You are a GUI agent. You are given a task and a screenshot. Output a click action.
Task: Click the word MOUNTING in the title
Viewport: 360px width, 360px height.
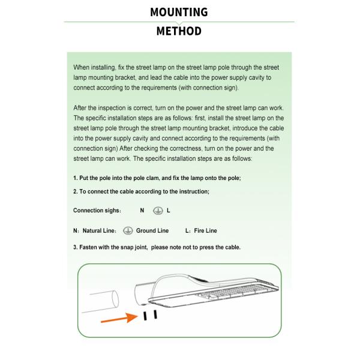point(179,12)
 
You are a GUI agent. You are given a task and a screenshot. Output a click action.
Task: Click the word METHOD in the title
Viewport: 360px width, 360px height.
point(179,31)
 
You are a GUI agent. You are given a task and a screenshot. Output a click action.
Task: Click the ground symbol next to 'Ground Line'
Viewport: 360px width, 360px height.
point(128,230)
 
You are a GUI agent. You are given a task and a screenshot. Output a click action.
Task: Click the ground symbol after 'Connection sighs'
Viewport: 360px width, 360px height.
point(158,211)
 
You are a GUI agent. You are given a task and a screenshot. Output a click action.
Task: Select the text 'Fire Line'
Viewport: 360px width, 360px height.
point(205,230)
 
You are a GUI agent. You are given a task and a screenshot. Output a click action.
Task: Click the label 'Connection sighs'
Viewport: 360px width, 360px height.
point(97,211)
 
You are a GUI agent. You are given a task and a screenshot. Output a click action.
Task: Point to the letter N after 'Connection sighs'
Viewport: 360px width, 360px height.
point(142,211)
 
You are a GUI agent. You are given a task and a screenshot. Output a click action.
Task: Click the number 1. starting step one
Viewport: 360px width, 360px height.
point(76,178)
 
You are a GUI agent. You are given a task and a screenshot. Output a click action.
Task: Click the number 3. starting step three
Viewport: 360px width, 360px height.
point(76,247)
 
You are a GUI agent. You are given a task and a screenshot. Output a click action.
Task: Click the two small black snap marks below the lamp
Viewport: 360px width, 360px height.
point(150,315)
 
